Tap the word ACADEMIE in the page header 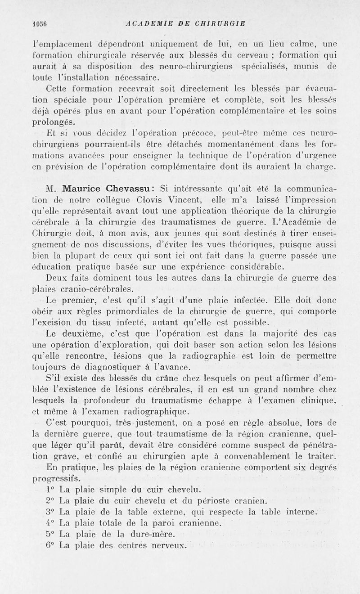click(147, 24)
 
